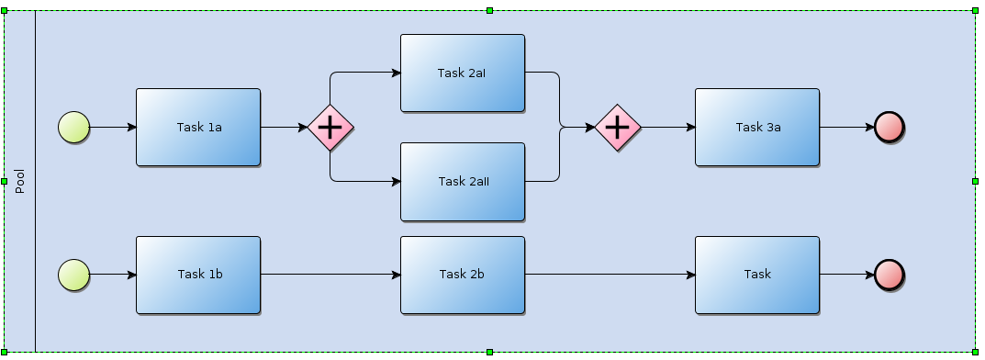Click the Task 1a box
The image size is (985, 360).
pos(198,128)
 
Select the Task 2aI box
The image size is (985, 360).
pos(462,73)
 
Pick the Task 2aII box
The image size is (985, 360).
pos(462,182)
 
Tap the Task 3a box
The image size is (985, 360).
pos(757,128)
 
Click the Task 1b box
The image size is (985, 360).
pos(198,275)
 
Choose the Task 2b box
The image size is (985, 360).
pos(462,275)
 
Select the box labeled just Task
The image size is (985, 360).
pos(757,275)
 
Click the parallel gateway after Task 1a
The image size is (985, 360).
pos(330,128)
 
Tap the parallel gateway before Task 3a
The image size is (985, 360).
pos(618,128)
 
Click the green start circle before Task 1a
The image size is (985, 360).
pos(73,128)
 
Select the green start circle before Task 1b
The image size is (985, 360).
pos(73,275)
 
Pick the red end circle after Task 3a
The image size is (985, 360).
pos(890,128)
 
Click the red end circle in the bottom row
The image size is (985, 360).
pos(890,275)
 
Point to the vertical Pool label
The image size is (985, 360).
pos(19,181)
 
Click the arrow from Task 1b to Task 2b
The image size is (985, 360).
pos(330,275)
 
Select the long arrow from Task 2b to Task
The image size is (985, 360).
pos(610,275)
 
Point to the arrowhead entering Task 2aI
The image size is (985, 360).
pos(396,73)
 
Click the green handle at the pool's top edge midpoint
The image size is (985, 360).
pos(490,10)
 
